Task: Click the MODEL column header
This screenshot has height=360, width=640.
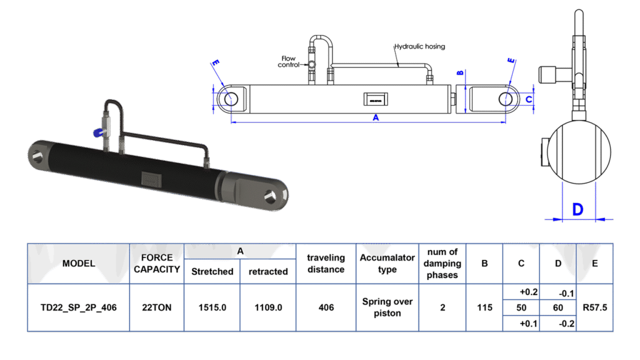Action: (79, 263)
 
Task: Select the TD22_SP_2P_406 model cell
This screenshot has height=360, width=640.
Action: (79, 307)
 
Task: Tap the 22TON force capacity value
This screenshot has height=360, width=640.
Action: (157, 307)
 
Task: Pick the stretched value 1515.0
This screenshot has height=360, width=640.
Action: (212, 307)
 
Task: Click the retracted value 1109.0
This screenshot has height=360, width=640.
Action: (268, 307)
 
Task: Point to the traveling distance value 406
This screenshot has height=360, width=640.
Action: (326, 307)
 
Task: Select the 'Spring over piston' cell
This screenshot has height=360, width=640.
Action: (387, 307)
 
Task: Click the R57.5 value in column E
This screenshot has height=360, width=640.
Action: (594, 307)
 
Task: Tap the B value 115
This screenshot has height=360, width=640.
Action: (484, 307)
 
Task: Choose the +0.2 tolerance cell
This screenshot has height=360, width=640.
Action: (521, 292)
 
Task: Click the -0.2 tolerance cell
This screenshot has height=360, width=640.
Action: (557, 323)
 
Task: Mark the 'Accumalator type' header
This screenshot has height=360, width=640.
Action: (387, 263)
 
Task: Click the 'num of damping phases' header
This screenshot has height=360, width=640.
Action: (442, 263)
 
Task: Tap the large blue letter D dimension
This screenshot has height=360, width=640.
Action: (578, 209)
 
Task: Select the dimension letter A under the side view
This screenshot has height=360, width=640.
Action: (375, 119)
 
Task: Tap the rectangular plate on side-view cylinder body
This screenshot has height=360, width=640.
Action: (374, 99)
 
